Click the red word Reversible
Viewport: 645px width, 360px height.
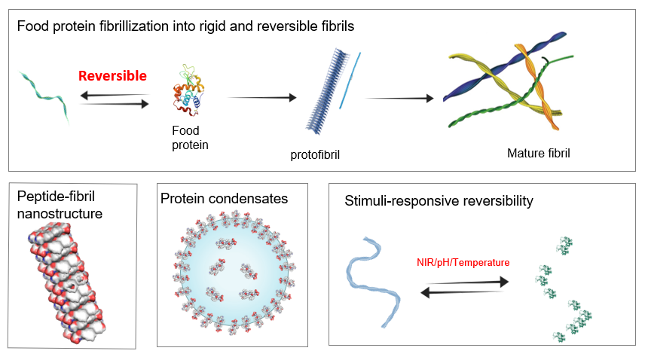pos(113,76)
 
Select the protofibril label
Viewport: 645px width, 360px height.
pos(316,156)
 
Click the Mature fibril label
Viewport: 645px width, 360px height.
pos(539,153)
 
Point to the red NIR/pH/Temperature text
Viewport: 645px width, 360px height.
pos(463,263)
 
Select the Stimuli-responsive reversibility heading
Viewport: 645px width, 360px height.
pos(440,201)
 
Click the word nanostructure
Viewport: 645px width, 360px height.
pos(60,214)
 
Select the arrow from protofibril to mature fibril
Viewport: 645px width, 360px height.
pos(399,98)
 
